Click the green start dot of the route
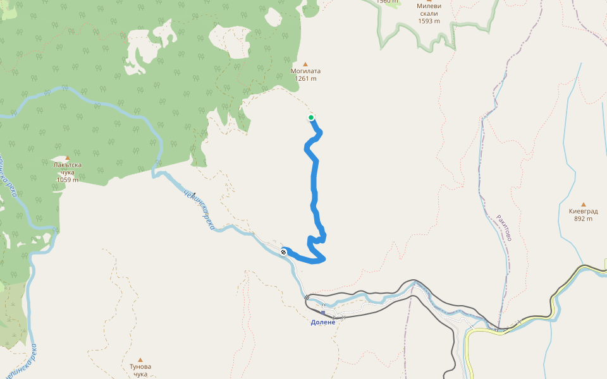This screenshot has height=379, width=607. (311, 117)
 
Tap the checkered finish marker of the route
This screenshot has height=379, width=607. (283, 253)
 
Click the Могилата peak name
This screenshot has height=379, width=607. (305, 71)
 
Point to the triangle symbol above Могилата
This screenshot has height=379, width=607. (305, 64)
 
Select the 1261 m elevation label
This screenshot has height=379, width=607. (305, 79)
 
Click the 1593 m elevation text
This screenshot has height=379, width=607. (429, 21)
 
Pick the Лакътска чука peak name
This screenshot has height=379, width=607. (68, 169)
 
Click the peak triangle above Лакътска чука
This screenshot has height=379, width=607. (68, 158)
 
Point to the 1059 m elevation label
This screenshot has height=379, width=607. (68, 180)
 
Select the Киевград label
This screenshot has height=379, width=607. (583, 211)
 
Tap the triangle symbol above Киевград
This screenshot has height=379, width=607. (583, 204)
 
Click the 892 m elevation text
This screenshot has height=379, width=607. (583, 219)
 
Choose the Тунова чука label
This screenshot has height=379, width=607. (140, 370)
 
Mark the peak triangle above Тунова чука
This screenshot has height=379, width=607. (140, 359)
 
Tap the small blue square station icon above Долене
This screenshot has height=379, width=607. (323, 313)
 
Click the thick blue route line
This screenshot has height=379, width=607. (314, 183)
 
